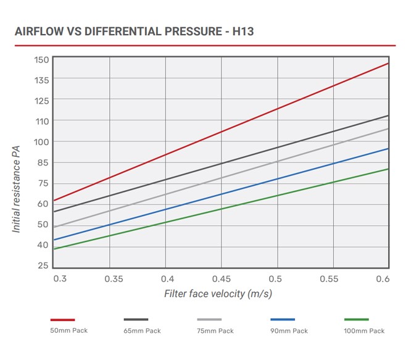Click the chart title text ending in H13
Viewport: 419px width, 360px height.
coord(133,31)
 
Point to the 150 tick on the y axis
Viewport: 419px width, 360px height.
coord(42,59)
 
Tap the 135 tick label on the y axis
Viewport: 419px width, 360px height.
coord(42,79)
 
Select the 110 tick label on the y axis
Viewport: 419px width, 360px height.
coord(42,120)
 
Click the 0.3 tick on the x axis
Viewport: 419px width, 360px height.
coord(60,279)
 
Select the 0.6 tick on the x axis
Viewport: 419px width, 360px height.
coord(382,279)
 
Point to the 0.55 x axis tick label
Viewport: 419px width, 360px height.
coord(332,279)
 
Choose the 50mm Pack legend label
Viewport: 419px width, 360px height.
coord(68,330)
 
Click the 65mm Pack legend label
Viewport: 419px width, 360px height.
coord(142,331)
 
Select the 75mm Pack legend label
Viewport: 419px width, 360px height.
coord(215,331)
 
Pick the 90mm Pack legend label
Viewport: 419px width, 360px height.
coord(289,331)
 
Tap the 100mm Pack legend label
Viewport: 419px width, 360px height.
coord(364,331)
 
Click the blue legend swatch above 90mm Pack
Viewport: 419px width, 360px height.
coord(283,319)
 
